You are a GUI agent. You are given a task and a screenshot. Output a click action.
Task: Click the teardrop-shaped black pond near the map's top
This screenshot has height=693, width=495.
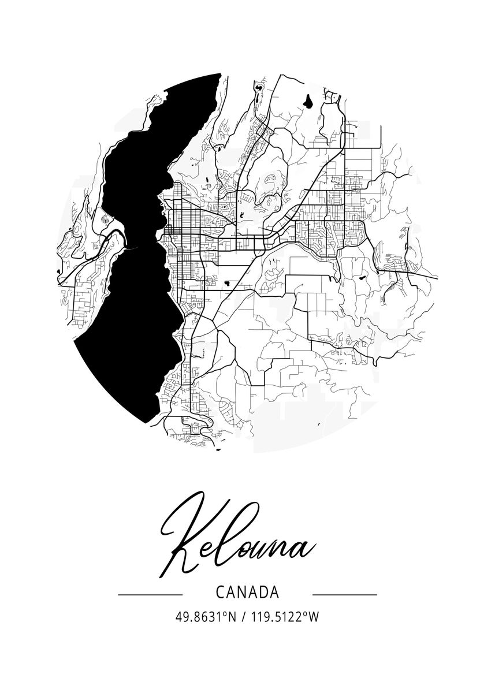tap(310, 103)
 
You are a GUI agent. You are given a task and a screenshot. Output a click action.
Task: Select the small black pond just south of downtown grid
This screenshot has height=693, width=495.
tap(229, 283)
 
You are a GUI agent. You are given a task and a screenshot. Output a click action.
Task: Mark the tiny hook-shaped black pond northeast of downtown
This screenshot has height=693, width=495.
tap(241, 215)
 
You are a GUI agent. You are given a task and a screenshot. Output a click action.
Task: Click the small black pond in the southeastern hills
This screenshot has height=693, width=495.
tap(363, 278)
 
